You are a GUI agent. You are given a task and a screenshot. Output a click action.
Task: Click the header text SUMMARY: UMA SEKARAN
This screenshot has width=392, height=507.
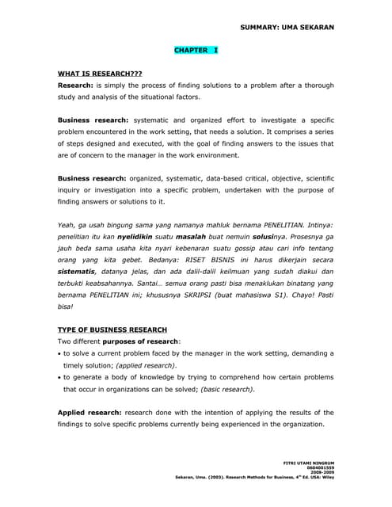(x=287, y=28)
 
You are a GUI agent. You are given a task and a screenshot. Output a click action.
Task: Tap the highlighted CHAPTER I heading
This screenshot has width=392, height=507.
(x=196, y=50)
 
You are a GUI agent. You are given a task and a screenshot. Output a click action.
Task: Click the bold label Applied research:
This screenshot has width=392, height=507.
(x=90, y=413)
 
